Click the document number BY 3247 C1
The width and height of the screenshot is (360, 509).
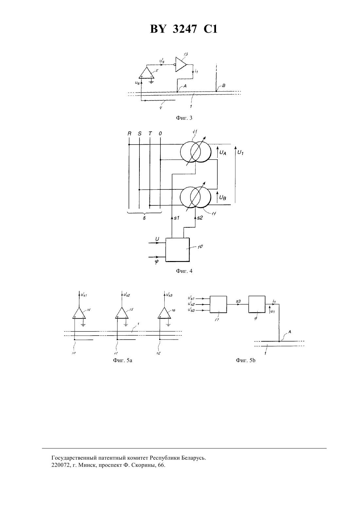[x=184, y=29]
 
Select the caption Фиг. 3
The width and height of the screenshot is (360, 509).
[x=184, y=118]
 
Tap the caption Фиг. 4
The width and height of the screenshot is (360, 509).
[x=184, y=271]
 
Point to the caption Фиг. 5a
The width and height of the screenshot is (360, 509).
[x=122, y=360]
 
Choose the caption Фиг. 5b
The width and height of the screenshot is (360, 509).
[x=245, y=360]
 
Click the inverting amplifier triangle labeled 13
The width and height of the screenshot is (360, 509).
[x=181, y=64]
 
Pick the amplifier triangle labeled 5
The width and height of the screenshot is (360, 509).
[x=147, y=73]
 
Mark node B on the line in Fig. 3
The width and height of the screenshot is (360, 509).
[x=216, y=91]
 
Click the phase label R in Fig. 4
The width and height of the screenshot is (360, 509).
[x=129, y=133]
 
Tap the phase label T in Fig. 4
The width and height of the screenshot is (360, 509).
[x=150, y=133]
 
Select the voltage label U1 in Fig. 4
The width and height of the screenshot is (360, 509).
[x=241, y=152]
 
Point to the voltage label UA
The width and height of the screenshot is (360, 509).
[x=223, y=153]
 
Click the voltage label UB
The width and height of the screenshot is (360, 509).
[x=223, y=198]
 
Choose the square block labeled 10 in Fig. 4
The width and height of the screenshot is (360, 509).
[x=177, y=250]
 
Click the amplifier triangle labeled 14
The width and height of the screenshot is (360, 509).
[x=79, y=313]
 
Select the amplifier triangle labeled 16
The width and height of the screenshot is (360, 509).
[x=164, y=313]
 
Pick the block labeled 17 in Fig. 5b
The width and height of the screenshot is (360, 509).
[x=218, y=305]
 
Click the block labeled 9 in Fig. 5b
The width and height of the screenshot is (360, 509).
[x=257, y=304]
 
